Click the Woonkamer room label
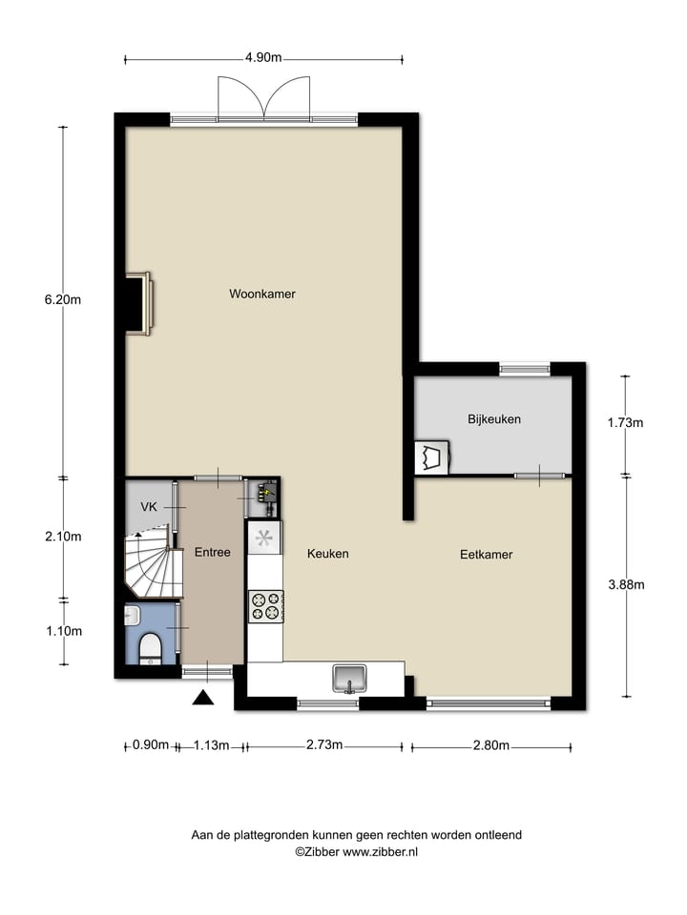[x=262, y=295]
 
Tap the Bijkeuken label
[x=494, y=419]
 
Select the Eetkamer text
[x=487, y=554]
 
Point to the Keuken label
[x=327, y=554]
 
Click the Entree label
[x=213, y=553]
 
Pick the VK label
[x=149, y=507]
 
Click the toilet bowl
[x=151, y=647]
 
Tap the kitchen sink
[x=350, y=679]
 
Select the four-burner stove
[x=265, y=605]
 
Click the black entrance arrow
[x=202, y=699]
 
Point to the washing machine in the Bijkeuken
[x=431, y=457]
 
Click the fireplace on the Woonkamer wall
[x=139, y=304]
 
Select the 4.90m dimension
[x=263, y=57]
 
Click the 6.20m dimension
[x=63, y=299]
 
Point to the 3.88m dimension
[x=625, y=584]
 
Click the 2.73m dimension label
[x=324, y=745]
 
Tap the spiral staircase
[x=154, y=569]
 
